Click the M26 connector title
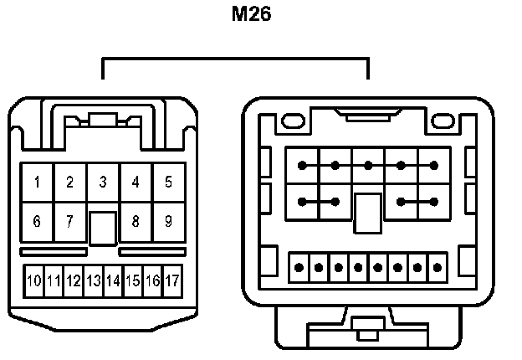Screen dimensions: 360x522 coord(252,14)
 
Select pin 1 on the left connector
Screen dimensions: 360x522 coord(38,182)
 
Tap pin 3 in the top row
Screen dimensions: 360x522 coord(103,182)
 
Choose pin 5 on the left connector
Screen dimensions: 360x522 coord(168,182)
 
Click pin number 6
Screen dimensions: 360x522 coord(37,222)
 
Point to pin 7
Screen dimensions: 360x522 coord(69,222)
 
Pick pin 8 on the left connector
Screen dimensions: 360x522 coord(136,222)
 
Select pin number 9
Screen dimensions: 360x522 coord(168,222)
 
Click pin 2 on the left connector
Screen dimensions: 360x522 coord(70,182)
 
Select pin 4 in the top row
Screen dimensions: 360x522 coord(136,182)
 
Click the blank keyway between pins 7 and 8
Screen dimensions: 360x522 coord(103,228)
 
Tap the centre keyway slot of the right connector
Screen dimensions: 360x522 coord(368,213)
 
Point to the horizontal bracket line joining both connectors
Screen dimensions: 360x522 coord(235,59)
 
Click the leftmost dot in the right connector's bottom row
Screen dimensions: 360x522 coord(299,269)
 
